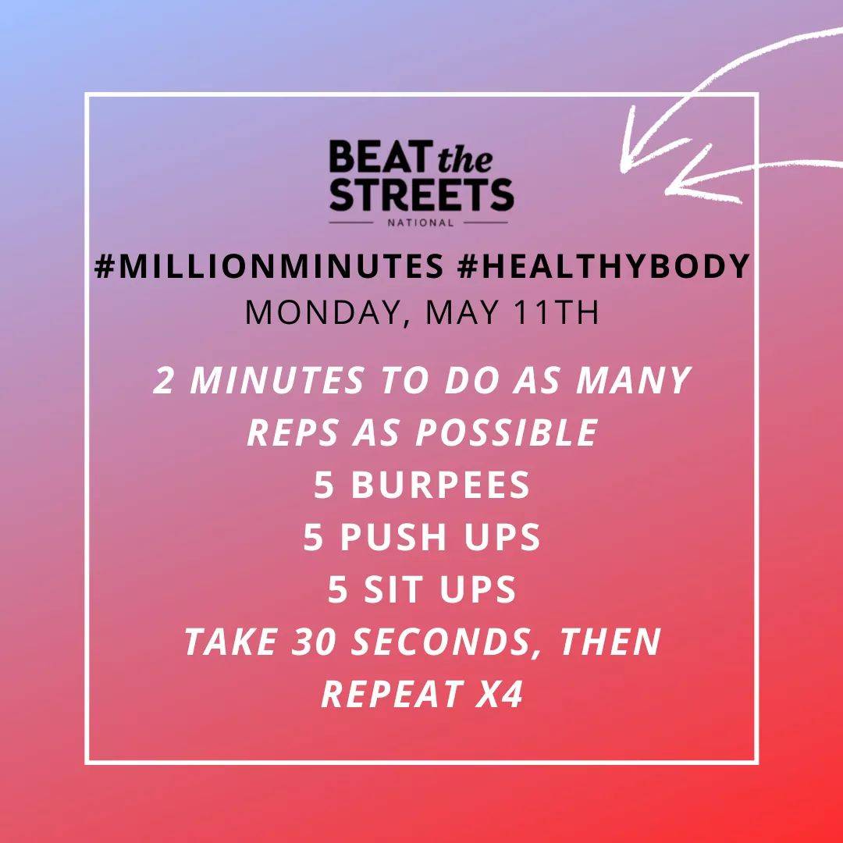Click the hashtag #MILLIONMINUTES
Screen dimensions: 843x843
click(269, 267)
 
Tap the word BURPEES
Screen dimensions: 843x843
click(440, 486)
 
